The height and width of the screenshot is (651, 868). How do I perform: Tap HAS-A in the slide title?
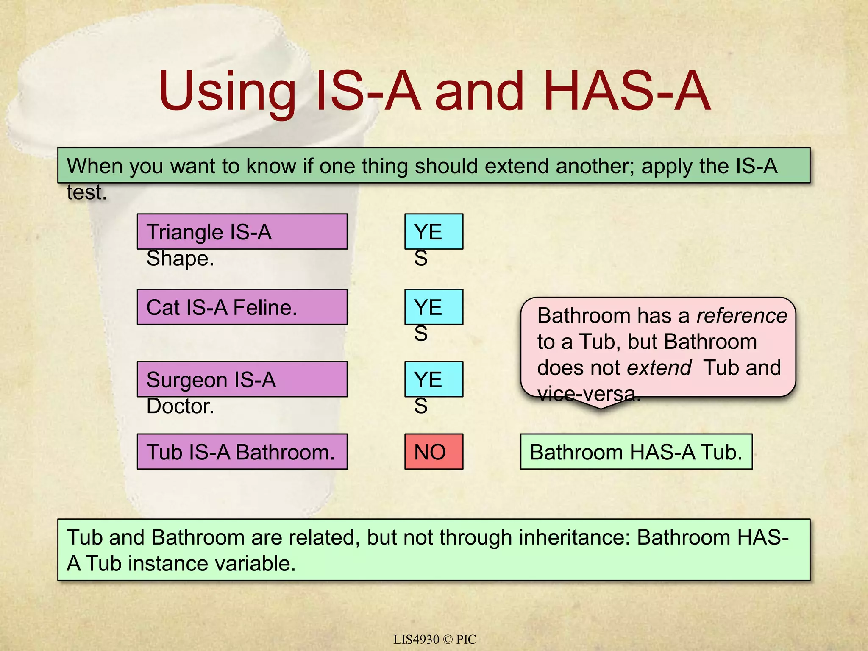pos(626,92)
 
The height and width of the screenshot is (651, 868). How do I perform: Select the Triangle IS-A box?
pos(242,231)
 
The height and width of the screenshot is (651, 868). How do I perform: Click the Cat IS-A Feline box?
pos(242,307)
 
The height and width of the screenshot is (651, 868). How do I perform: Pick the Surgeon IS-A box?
pos(242,379)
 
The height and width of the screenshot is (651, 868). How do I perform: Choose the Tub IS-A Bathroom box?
pos(242,452)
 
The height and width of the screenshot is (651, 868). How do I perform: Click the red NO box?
pos(434,452)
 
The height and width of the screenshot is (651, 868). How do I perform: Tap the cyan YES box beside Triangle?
pos(434,231)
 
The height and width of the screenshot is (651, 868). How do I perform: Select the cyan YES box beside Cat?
pos(434,307)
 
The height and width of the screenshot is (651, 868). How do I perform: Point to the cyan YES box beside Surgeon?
pos(434,379)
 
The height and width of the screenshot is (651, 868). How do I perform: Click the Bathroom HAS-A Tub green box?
pos(636,452)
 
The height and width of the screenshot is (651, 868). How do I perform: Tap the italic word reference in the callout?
pos(742,316)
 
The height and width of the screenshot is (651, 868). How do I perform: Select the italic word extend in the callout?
pos(659,368)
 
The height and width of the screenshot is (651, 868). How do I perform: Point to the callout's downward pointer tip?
pos(600,408)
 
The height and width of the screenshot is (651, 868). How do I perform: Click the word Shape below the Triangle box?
pos(180,259)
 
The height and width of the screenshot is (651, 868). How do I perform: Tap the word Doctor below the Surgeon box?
pos(180,406)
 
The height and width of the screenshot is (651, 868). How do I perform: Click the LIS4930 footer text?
pos(416,640)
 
